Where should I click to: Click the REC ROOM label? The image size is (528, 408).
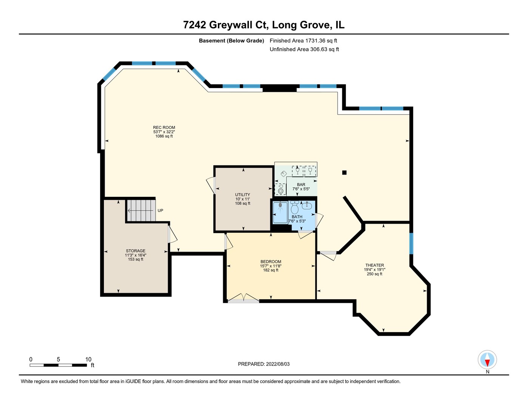[164, 128]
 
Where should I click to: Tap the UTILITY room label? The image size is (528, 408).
[242, 195]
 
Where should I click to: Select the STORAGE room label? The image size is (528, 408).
[136, 251]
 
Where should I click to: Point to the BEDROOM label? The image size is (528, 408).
[271, 262]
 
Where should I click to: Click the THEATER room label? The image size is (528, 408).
[374, 265]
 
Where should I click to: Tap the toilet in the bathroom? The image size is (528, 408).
[295, 208]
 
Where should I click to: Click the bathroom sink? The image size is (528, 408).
[307, 206]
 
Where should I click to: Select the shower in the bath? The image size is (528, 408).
[280, 212]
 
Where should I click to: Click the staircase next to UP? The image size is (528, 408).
[140, 210]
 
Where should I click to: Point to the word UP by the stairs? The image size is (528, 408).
[160, 210]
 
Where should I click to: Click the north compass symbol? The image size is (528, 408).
[487, 360]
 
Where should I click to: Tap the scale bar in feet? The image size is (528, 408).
[59, 365]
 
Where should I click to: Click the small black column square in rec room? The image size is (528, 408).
[344, 173]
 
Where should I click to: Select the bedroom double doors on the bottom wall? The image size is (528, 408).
[244, 299]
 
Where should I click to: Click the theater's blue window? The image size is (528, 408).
[411, 244]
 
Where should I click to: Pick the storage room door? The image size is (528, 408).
[172, 235]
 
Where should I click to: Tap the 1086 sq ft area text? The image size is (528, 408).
[164, 136]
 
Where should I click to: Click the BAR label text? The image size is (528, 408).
[301, 185]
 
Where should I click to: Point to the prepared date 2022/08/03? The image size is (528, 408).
[264, 364]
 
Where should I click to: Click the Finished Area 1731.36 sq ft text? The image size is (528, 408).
[303, 41]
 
